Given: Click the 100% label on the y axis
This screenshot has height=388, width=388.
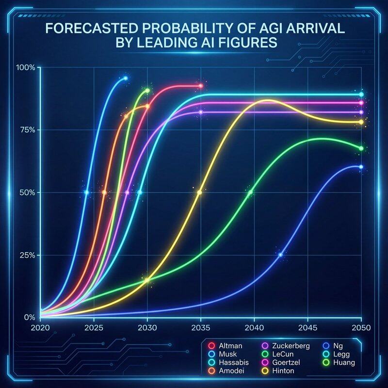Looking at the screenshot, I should tap(26, 67).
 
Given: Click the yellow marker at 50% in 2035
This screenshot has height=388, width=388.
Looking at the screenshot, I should tap(199, 193).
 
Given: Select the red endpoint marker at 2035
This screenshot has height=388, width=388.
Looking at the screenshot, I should tap(200, 86).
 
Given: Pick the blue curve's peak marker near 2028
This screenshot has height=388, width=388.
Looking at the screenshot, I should tap(126, 78).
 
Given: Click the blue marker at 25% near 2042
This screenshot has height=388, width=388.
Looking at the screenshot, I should tap(280, 255).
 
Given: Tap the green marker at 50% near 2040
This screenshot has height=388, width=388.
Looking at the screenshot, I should tap(250, 193).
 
